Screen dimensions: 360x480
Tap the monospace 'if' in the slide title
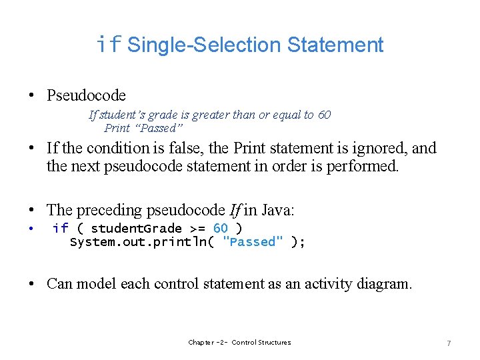pos(109,45)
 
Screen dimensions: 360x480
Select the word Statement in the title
pos(335,45)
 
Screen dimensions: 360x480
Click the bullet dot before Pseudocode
pos(32,96)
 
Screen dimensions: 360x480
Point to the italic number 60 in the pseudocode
pos(324,115)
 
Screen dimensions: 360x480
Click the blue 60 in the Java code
pos(220,228)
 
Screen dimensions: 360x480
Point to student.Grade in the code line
pos(133,228)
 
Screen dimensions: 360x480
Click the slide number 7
pos(449,343)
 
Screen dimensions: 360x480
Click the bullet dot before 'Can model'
pos(32,285)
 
